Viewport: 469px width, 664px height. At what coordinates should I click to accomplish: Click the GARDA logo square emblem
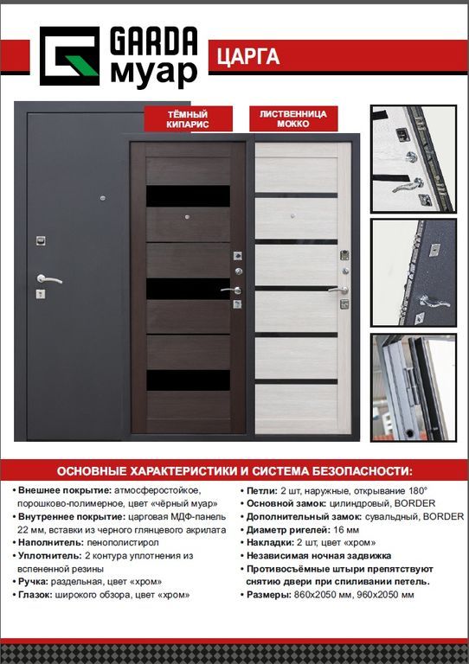(69, 56)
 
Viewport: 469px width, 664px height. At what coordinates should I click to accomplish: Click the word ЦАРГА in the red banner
(248, 56)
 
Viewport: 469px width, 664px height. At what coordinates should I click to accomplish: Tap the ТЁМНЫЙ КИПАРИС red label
(188, 118)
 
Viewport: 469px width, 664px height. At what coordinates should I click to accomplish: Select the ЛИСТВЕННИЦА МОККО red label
(293, 118)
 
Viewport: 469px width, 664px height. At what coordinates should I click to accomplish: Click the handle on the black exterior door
(48, 279)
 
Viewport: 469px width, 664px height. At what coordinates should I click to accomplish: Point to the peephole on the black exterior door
(102, 198)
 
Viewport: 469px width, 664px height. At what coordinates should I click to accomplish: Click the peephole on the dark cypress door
(187, 217)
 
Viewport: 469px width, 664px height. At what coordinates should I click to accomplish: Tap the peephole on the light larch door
(292, 216)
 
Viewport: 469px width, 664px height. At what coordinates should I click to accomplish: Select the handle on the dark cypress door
(231, 290)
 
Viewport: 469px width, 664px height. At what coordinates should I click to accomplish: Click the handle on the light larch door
(338, 290)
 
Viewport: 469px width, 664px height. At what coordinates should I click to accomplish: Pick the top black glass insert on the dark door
(188, 196)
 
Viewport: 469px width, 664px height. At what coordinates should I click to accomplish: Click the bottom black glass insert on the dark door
(188, 380)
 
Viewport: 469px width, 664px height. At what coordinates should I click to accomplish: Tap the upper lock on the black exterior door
(41, 241)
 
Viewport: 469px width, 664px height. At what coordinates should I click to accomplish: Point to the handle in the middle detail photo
(434, 302)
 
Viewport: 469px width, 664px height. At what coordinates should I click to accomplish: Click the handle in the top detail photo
(408, 185)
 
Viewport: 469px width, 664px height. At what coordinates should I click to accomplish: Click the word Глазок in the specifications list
(35, 595)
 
